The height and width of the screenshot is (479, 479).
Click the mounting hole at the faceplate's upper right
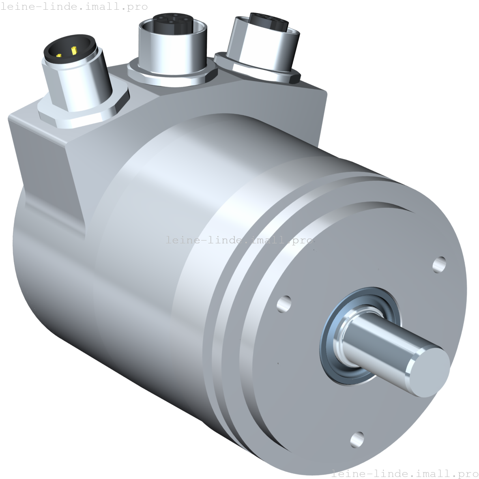(439, 264)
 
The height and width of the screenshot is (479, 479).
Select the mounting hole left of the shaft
(284, 303)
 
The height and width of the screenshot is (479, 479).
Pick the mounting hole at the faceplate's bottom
(357, 439)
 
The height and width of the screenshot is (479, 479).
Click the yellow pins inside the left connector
(67, 52)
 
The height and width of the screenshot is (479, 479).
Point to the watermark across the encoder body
(239, 240)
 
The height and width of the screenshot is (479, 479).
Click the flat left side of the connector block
(45, 170)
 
